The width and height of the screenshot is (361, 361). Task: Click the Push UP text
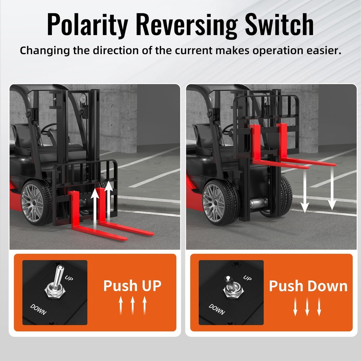pos(132,286)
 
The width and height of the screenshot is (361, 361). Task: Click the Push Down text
pos(308,286)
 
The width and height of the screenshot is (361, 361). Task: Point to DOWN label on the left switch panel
pos(38,309)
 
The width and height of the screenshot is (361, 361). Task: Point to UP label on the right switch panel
pos(247,278)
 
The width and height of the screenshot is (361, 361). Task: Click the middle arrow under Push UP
pos(132,305)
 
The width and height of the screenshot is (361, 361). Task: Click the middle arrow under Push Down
pos(307,306)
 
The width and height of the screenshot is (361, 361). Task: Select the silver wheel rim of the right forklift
pos(214,199)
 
